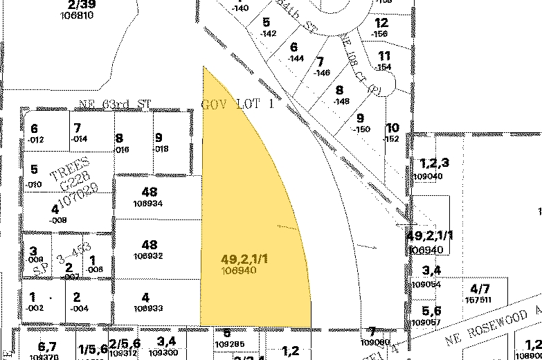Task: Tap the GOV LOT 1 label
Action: [x=237, y=105]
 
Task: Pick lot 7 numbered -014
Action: [x=78, y=134]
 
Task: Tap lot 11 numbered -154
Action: [x=384, y=61]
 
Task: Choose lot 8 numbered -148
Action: [x=340, y=95]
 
